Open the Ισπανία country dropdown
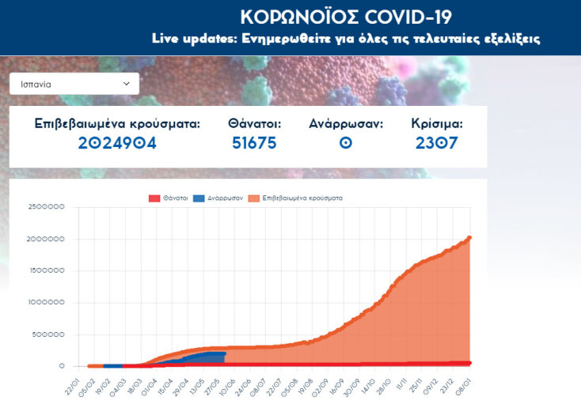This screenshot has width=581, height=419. [x=74, y=83]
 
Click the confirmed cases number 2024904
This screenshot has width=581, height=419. [x=117, y=143]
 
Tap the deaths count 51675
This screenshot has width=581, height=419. [x=254, y=143]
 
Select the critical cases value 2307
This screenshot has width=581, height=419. [x=436, y=143]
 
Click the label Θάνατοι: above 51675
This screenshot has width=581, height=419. [x=254, y=124]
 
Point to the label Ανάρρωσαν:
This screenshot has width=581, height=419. [x=346, y=124]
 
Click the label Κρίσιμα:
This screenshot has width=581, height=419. [x=437, y=124]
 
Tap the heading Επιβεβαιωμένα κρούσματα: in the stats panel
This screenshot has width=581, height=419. [x=117, y=124]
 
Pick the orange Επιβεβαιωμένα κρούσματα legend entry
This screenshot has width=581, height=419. [x=295, y=198]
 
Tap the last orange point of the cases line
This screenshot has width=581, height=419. [x=469, y=237]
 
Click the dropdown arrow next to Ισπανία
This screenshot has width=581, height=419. [x=127, y=83]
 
